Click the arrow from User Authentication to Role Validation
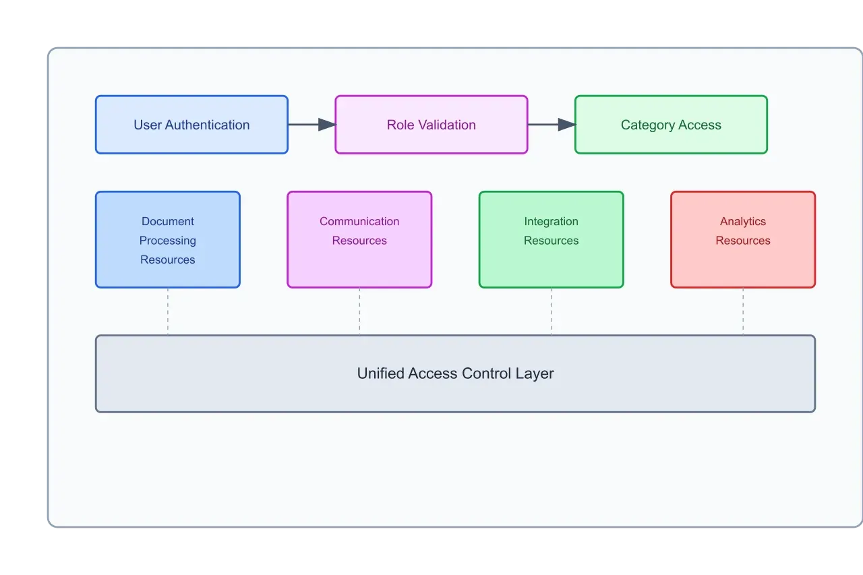311,125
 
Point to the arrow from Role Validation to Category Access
551,125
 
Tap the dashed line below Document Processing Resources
168,311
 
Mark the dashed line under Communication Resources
359,311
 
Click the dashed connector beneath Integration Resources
552,311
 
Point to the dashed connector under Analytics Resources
743,311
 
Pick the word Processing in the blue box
168,241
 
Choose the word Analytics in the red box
743,221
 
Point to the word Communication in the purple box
359,221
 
